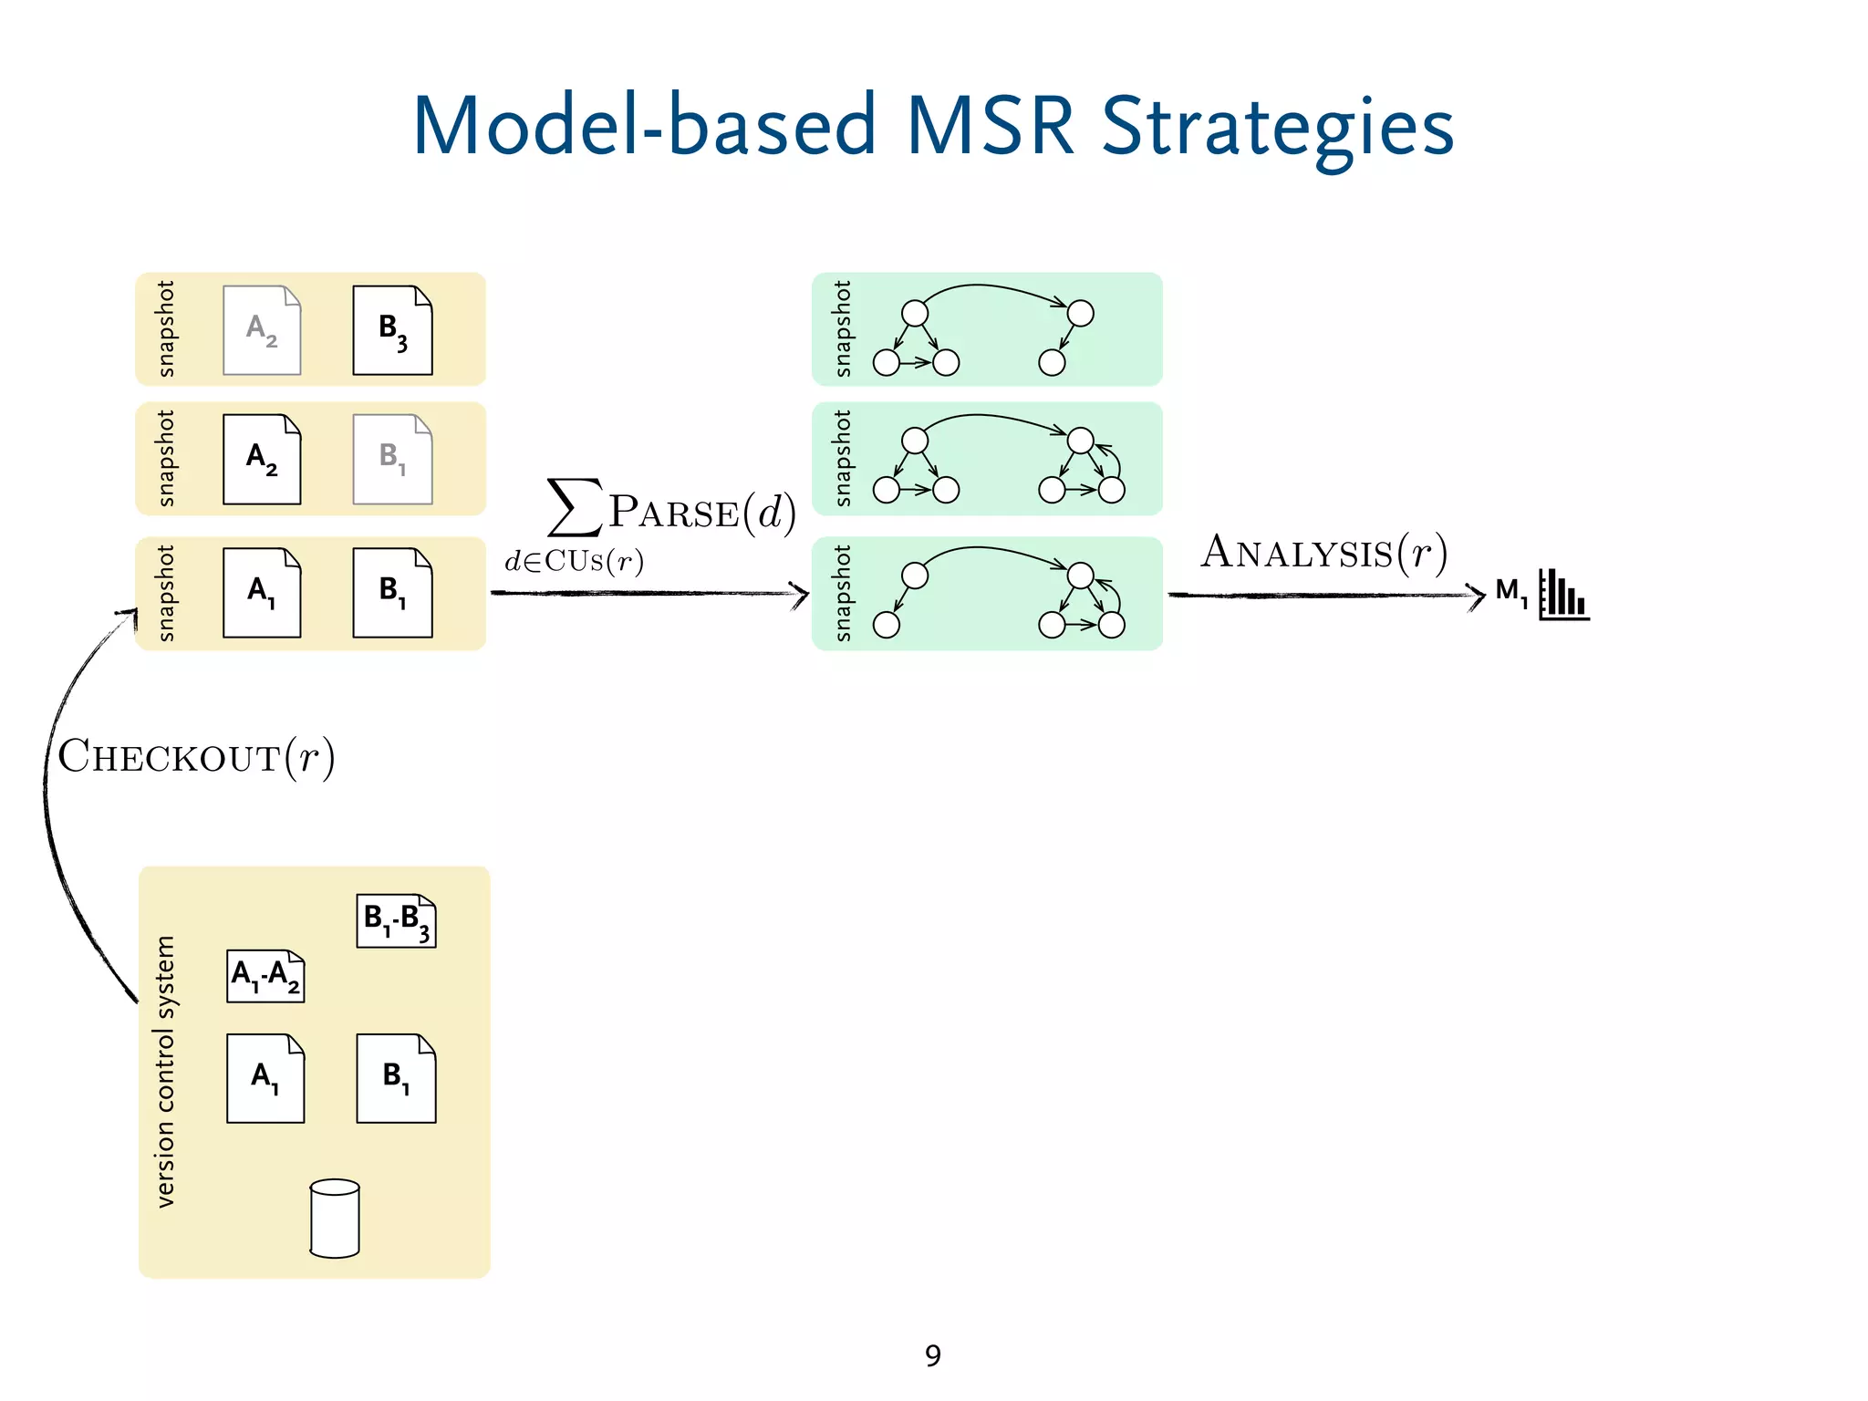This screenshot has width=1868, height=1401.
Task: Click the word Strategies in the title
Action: coord(1277,128)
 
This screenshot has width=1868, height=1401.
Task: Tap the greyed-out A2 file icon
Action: coord(262,330)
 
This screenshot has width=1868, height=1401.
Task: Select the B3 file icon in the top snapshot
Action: coord(392,330)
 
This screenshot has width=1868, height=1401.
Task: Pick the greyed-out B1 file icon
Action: coord(392,459)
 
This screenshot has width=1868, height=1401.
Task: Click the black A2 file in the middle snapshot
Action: coord(262,459)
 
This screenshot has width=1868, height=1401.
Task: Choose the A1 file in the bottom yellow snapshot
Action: coord(262,593)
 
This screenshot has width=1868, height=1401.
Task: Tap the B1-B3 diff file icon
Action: coord(396,921)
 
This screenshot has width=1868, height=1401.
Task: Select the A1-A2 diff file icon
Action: coord(265,976)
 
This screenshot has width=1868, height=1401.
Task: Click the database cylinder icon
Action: coord(335,1219)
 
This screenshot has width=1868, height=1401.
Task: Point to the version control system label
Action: coord(165,1072)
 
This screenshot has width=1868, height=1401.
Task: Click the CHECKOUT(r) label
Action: coord(196,757)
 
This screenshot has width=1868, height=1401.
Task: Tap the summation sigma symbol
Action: coord(574,507)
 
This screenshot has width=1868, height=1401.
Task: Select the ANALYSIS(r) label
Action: coord(1323,553)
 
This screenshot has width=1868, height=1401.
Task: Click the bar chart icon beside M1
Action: coord(1563,595)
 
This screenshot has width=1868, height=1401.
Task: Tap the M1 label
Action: coord(1511,592)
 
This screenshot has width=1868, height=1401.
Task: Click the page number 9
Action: coord(932,1356)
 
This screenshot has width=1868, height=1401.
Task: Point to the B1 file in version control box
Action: coord(396,1078)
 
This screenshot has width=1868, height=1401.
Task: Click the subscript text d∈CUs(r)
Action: coord(575,561)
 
